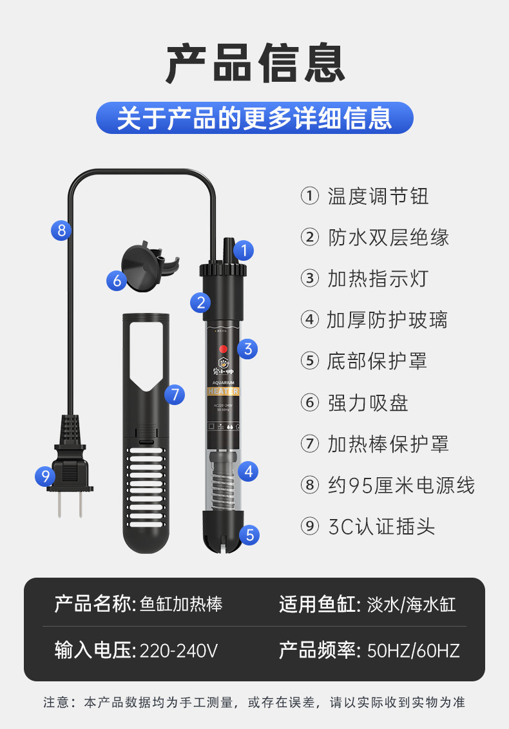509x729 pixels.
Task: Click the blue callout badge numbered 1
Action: click(244, 250)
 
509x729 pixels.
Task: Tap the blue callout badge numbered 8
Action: click(61, 230)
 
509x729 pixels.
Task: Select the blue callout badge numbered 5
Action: click(249, 534)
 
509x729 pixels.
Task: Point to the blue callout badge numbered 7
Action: click(175, 393)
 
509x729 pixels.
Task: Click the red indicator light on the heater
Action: click(223, 349)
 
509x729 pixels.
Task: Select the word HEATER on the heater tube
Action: click(223, 391)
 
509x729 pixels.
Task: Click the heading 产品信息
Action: click(254, 64)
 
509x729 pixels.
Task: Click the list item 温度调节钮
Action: click(378, 196)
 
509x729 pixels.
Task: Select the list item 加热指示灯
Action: click(378, 278)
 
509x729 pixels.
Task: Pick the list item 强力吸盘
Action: click(367, 402)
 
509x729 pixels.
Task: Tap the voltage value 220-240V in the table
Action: click(178, 650)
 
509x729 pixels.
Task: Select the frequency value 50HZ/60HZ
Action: click(413, 650)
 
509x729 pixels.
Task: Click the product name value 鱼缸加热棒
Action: click(181, 604)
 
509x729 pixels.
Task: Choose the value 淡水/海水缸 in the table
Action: click(411, 604)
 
